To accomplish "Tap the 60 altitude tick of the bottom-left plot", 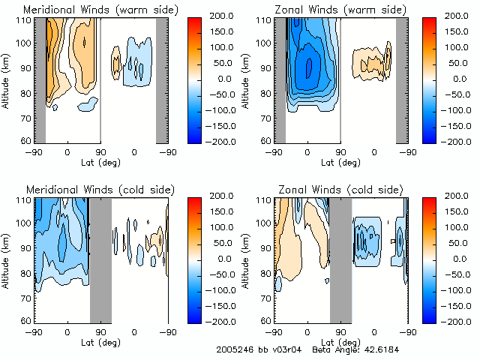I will pos(26,320).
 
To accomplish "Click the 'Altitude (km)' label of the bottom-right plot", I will pos(247,259).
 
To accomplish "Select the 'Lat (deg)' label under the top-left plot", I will pos(100,162).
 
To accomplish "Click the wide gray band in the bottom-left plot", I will pos(100,259).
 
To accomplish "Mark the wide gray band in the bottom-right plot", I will pos(340,259).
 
